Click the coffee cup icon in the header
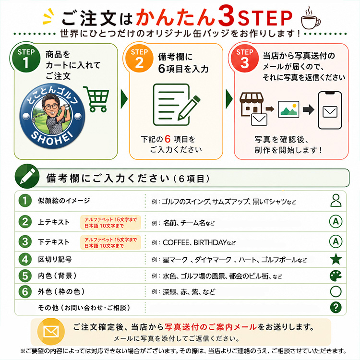pyautogui.click(x=311, y=18)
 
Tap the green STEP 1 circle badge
pyautogui.click(x=26, y=58)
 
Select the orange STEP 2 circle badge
pyautogui.click(x=139, y=58)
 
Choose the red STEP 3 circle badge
pyautogui.click(x=244, y=58)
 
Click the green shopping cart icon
pyautogui.click(x=96, y=99)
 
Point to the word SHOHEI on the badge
pyautogui.click(x=53, y=138)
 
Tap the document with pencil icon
pyautogui.click(x=176, y=105)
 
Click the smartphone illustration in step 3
pyautogui.click(x=330, y=110)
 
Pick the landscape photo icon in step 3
pyautogui.click(x=288, y=109)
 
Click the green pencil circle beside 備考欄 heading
pyautogui.click(x=27, y=176)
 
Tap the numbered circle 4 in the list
pyautogui.click(x=25, y=259)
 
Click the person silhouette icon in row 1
pyautogui.click(x=336, y=200)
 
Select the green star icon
pyautogui.click(x=336, y=259)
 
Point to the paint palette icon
pyautogui.click(x=336, y=276)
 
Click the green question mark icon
pyautogui.click(x=336, y=307)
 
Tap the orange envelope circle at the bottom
pyautogui.click(x=51, y=332)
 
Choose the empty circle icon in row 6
pyautogui.click(x=336, y=291)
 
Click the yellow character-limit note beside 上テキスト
pyautogui.click(x=111, y=222)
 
